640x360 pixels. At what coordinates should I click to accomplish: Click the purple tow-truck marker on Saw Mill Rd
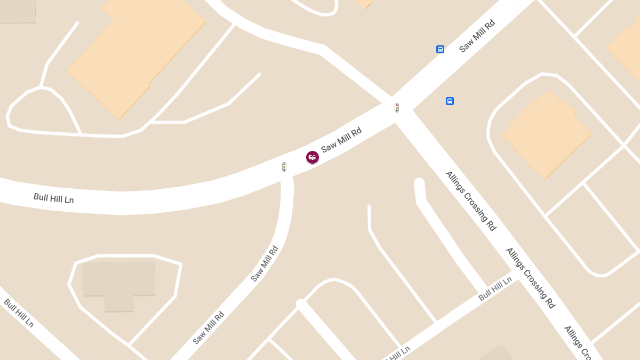pyautogui.click(x=313, y=157)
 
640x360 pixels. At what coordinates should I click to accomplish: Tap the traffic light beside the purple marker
pyautogui.click(x=284, y=167)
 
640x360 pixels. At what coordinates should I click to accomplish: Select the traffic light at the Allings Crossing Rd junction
pyautogui.click(x=397, y=108)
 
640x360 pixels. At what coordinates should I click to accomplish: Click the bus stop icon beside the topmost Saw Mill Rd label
pyautogui.click(x=440, y=50)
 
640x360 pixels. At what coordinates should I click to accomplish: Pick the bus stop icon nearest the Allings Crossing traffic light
pyautogui.click(x=450, y=101)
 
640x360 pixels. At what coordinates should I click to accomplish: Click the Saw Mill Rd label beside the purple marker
pyautogui.click(x=341, y=140)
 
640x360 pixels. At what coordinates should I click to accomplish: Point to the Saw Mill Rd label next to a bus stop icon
pyautogui.click(x=477, y=36)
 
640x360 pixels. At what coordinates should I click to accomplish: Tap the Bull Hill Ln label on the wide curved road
pyautogui.click(x=53, y=198)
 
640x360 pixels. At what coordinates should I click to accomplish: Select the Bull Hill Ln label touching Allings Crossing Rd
pyautogui.click(x=495, y=289)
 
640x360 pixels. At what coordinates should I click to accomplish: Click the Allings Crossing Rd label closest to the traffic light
pyautogui.click(x=471, y=201)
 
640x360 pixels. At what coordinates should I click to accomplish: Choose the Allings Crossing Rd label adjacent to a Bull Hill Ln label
pyautogui.click(x=531, y=277)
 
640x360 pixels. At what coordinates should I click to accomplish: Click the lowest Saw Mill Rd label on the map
pyautogui.click(x=209, y=327)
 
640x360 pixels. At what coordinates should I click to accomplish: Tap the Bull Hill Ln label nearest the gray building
pyautogui.click(x=19, y=313)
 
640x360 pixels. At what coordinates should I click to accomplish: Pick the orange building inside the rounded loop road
pyautogui.click(x=547, y=136)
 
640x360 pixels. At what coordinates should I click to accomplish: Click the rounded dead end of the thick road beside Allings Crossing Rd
pyautogui.click(x=419, y=183)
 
